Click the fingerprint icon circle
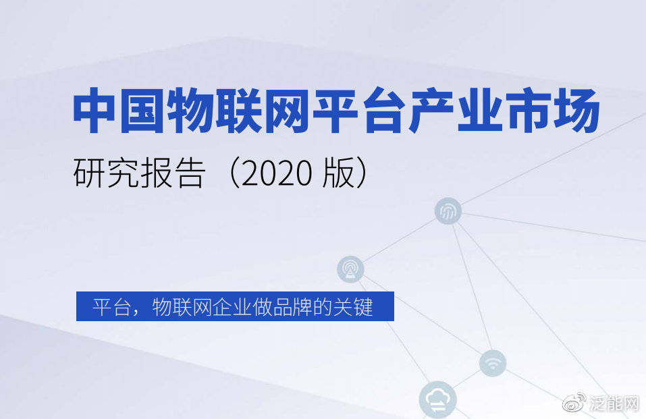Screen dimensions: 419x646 click(448, 212)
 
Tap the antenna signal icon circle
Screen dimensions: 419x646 click(350, 269)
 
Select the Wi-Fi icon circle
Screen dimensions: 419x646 click(493, 363)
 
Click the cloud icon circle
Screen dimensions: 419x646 click(437, 399)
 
